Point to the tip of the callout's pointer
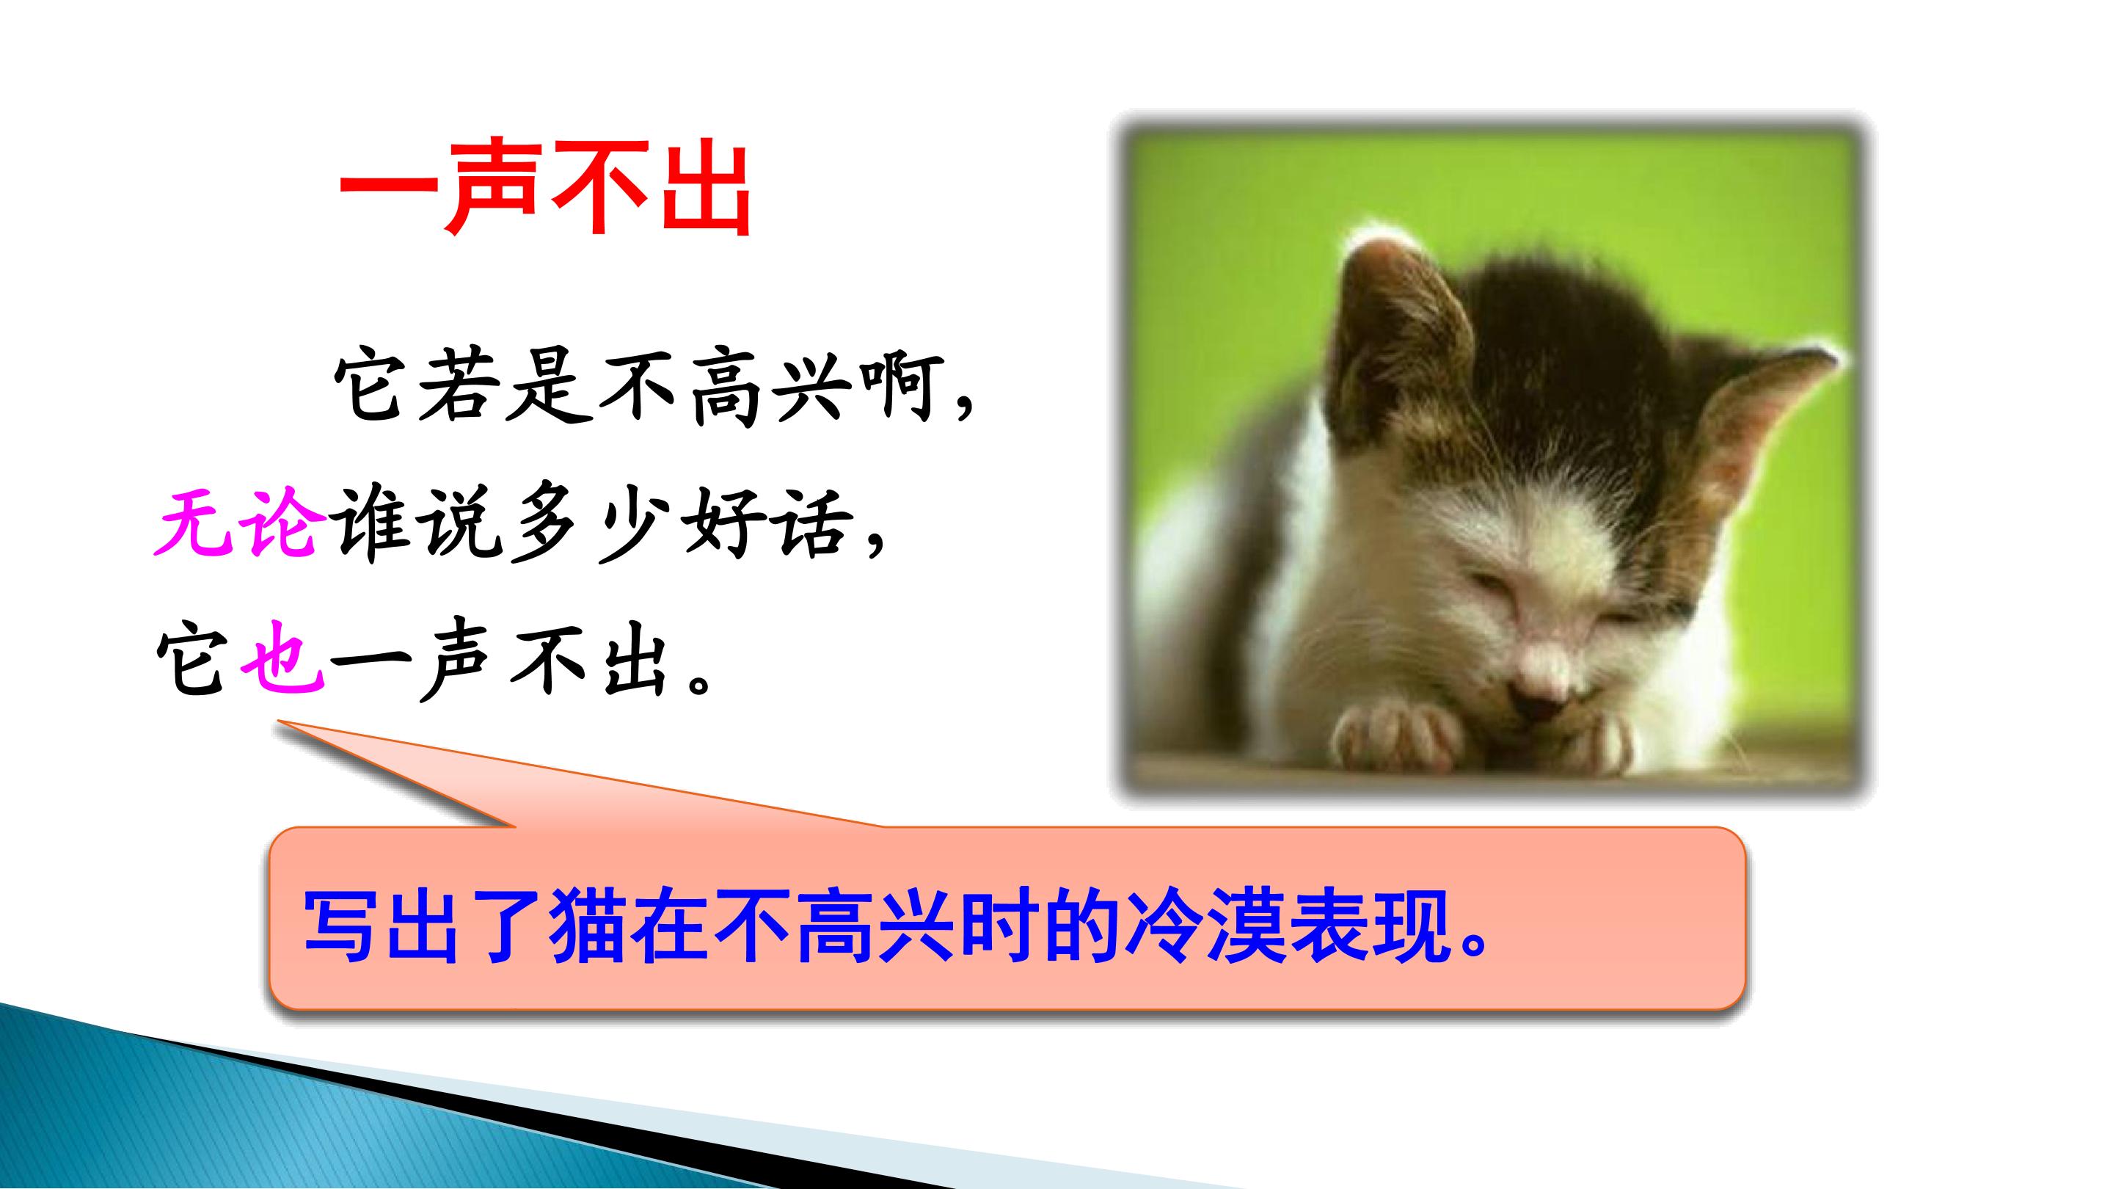click(x=279, y=722)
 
